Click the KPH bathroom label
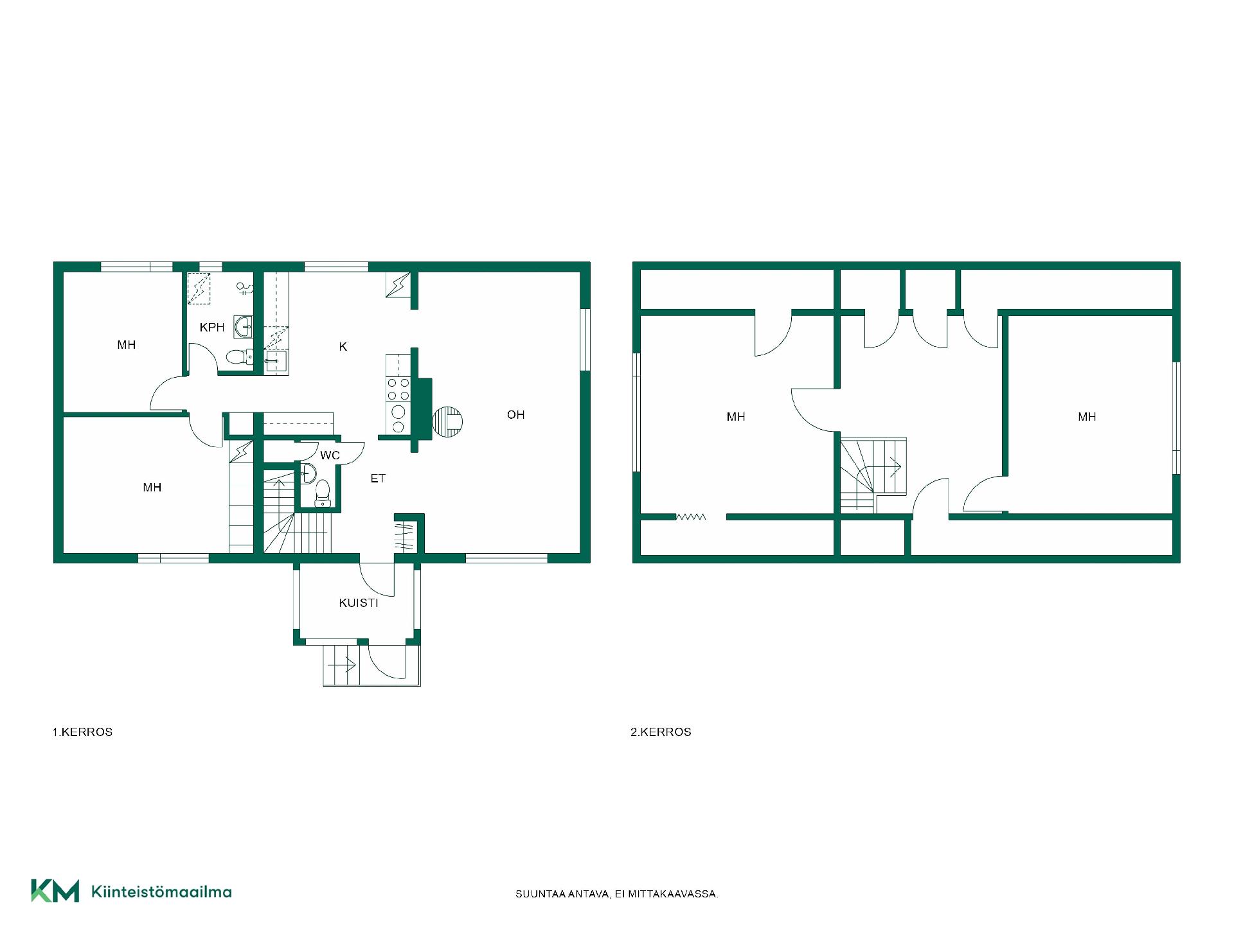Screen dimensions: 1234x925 tap(212, 328)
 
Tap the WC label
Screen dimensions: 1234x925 tap(330, 455)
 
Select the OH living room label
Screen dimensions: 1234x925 tap(515, 415)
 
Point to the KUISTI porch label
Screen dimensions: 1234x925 tap(359, 603)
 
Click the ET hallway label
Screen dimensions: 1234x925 tap(378, 479)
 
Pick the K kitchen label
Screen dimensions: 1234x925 tap(343, 347)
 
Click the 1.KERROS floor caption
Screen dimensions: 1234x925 tap(82, 732)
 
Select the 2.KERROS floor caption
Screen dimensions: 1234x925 tap(661, 732)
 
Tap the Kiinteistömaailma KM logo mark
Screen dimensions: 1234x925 tap(55, 891)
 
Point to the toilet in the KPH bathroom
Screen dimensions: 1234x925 tap(240, 357)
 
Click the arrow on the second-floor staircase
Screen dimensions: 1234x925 tap(893, 466)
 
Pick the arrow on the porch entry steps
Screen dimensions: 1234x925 tap(342, 665)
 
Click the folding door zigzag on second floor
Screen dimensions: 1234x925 tap(691, 516)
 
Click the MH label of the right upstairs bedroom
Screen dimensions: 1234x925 tap(1087, 417)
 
